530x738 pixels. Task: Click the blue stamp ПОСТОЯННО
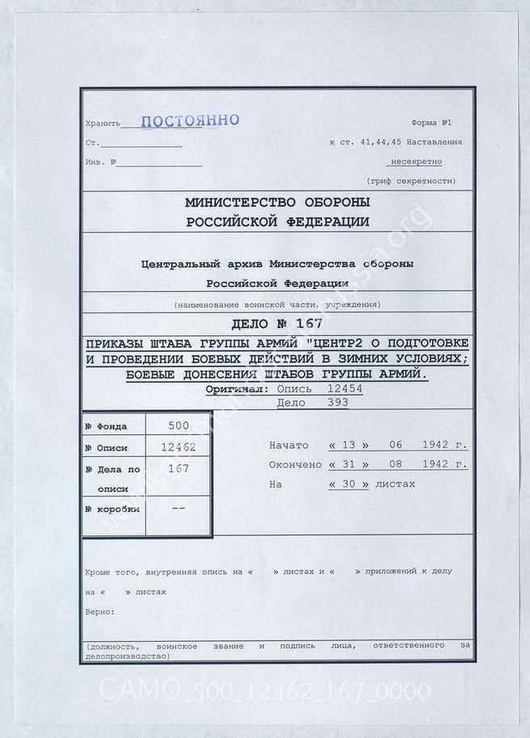190,121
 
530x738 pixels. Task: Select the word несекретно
417,161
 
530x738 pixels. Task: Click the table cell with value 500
179,426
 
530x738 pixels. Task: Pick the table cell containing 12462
179,447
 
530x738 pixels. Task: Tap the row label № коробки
112,509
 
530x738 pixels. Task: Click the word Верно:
99,612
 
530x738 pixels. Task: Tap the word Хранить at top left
101,124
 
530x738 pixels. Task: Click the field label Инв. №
101,161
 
